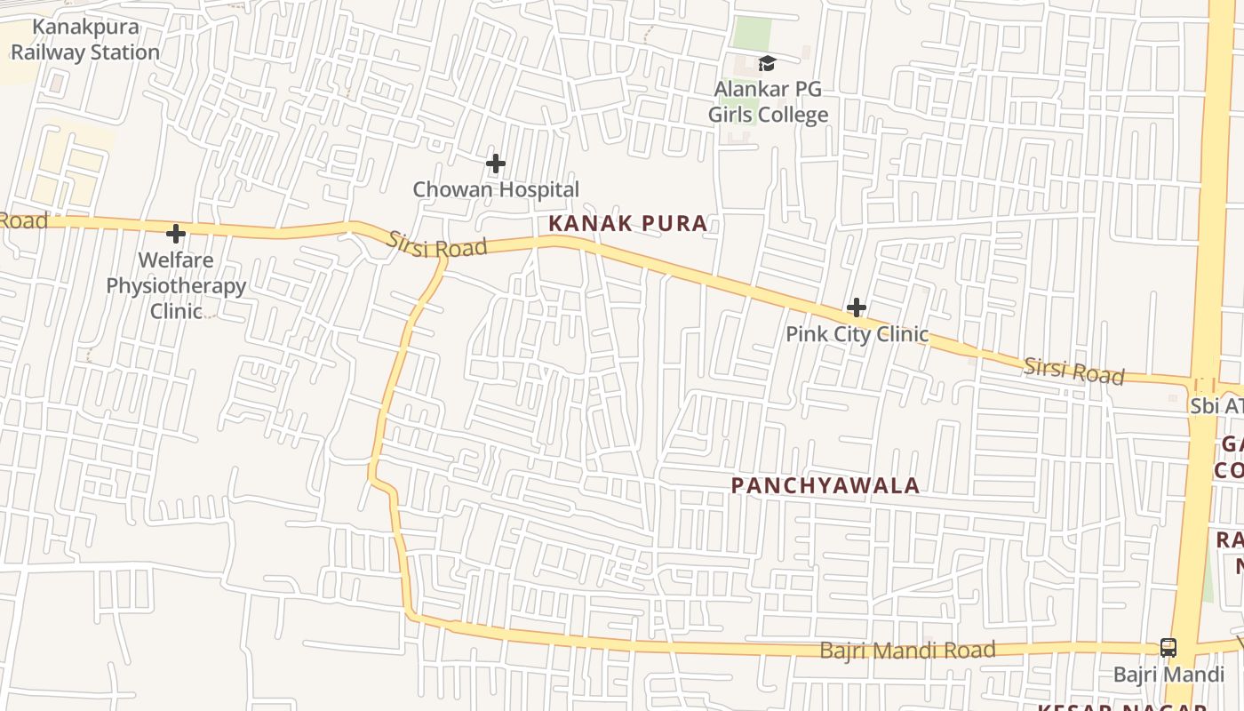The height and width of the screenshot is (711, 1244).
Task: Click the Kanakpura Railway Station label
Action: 85,40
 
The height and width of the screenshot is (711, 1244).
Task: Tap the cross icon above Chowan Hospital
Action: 496,164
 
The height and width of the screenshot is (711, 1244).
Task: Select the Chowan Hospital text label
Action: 496,189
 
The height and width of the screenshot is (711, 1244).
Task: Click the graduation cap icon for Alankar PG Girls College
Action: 767,63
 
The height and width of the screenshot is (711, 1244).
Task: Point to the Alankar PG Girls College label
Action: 768,101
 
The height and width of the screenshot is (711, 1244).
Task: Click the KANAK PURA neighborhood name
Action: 628,224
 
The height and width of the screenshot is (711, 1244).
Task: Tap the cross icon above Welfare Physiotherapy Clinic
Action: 176,234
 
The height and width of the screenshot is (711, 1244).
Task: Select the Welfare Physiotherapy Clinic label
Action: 176,285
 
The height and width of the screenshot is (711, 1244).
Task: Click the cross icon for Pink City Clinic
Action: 857,308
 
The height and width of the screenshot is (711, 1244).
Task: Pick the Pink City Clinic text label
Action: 857,334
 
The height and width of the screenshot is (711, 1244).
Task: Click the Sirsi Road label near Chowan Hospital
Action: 436,244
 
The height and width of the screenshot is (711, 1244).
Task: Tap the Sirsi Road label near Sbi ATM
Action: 1073,371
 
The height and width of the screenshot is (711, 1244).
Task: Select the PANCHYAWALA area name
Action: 825,485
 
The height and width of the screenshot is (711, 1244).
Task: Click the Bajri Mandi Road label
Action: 907,651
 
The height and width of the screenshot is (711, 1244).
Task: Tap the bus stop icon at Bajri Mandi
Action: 1168,648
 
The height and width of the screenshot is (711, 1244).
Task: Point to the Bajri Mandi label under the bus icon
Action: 1168,675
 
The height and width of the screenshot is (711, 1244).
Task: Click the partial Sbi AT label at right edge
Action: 1216,406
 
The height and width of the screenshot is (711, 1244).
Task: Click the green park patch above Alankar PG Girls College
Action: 752,34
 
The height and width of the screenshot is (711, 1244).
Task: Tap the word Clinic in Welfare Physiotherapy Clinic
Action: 176,311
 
